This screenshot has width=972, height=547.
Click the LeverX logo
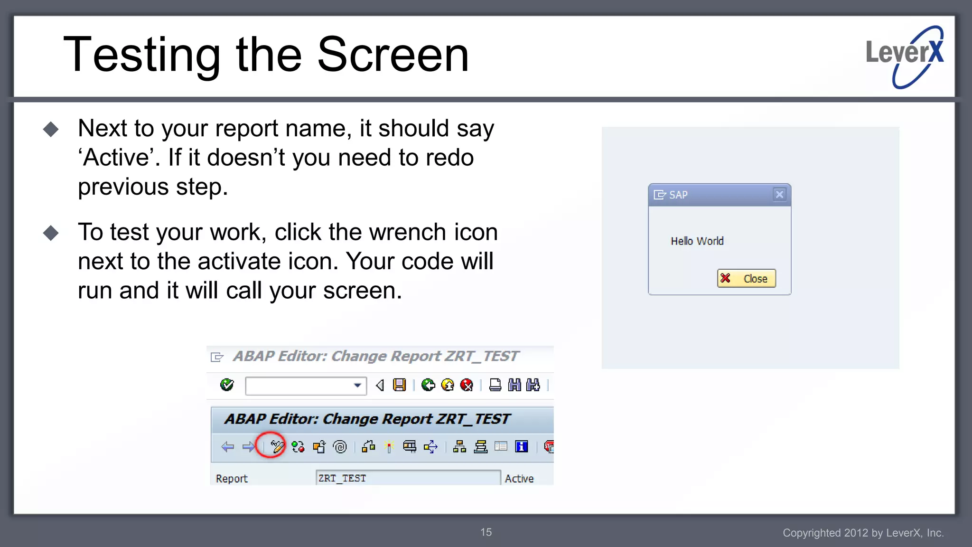(905, 57)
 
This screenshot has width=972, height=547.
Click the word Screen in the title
(393, 55)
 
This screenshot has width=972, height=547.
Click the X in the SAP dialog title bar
(779, 194)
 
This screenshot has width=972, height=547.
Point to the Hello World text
(697, 241)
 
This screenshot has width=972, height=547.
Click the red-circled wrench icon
(277, 446)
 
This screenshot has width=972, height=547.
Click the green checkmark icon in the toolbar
(227, 385)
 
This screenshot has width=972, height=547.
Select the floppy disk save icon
(400, 385)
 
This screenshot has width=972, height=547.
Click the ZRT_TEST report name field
(407, 478)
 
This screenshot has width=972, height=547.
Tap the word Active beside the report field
(519, 479)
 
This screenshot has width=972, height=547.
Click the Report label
(232, 479)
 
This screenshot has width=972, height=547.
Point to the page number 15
(486, 532)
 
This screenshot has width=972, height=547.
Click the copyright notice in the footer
(863, 533)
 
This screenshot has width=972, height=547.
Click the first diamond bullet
(51, 129)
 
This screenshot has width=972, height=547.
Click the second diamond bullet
(51, 233)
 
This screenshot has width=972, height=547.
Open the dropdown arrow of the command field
(357, 385)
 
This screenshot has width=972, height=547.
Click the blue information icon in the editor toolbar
(521, 446)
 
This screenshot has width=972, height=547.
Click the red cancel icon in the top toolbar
(467, 385)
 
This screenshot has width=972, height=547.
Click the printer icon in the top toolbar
(495, 385)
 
